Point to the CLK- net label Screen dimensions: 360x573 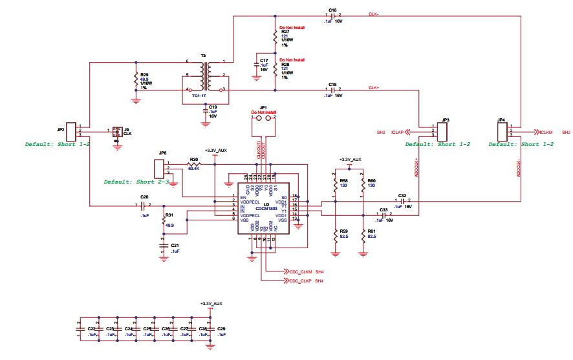[x=374, y=14]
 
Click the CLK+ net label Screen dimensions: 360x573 [x=374, y=87]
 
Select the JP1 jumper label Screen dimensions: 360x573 [x=263, y=107]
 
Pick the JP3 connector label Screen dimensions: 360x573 [x=445, y=120]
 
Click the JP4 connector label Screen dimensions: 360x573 [x=501, y=120]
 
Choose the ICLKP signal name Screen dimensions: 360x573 [x=398, y=132]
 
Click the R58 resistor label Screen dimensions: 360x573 [x=344, y=180]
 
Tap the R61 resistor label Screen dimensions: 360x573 [x=371, y=231]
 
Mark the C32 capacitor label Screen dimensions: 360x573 [x=402, y=195]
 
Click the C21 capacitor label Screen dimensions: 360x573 [x=174, y=246]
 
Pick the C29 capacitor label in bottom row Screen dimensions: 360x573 [x=221, y=329]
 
